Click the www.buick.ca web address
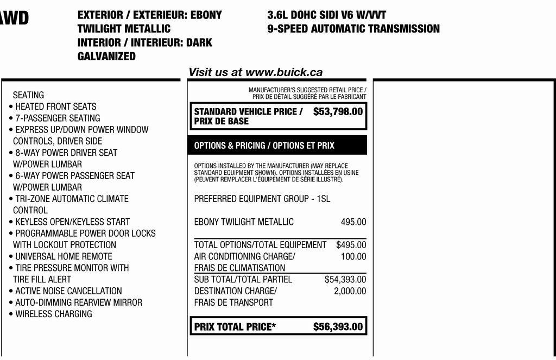(x=284, y=72)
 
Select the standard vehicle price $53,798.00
(x=338, y=112)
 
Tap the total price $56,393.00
(x=338, y=326)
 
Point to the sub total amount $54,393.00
(x=345, y=279)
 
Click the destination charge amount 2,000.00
(x=350, y=291)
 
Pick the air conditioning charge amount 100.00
(x=353, y=256)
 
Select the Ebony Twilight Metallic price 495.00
(x=353, y=222)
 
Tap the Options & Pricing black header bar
(x=277, y=146)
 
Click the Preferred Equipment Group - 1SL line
(x=262, y=199)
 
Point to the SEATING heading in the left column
(x=28, y=95)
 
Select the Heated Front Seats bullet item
(x=55, y=106)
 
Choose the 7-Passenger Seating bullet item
(x=58, y=118)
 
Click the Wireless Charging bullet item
(x=53, y=314)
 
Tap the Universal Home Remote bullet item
(x=64, y=256)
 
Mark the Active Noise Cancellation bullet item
(x=68, y=291)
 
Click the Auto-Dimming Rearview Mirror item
(x=78, y=302)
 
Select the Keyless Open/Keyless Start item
(x=72, y=222)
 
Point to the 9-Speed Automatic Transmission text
(x=353, y=29)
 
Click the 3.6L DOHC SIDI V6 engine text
(x=327, y=15)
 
